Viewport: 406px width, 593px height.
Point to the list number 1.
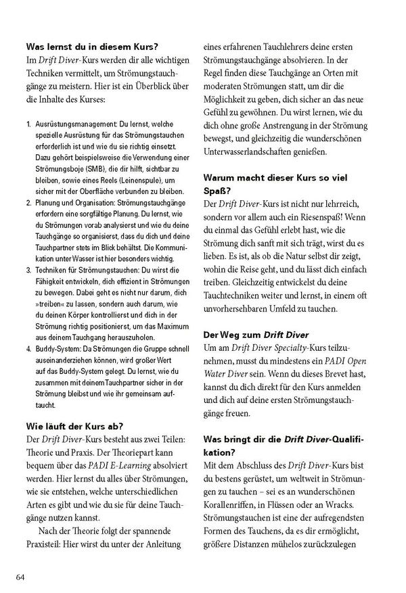pos(28,126)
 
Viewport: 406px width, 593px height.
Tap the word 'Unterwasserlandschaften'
pos(257,153)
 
